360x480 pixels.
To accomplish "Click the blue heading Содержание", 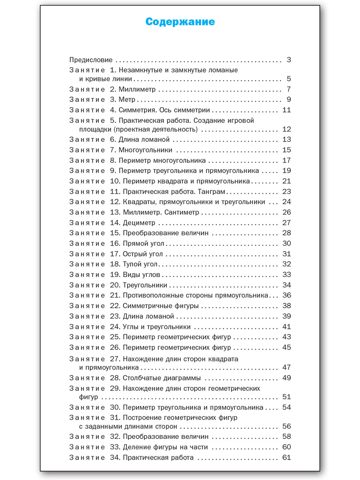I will [180, 22].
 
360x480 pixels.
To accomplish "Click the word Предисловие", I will [91, 60].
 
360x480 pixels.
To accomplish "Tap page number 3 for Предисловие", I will [289, 60].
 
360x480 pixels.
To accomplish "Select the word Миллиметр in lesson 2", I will [137, 89].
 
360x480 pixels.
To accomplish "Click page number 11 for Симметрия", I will [286, 110].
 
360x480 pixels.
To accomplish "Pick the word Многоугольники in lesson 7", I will [145, 150].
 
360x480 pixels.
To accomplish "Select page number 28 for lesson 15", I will [286, 233].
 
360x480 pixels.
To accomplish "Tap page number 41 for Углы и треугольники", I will [286, 327].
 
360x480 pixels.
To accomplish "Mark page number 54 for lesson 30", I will [286, 407].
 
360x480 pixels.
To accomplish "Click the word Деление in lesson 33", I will [136, 447].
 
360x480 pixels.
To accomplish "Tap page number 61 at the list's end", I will [286, 458].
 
